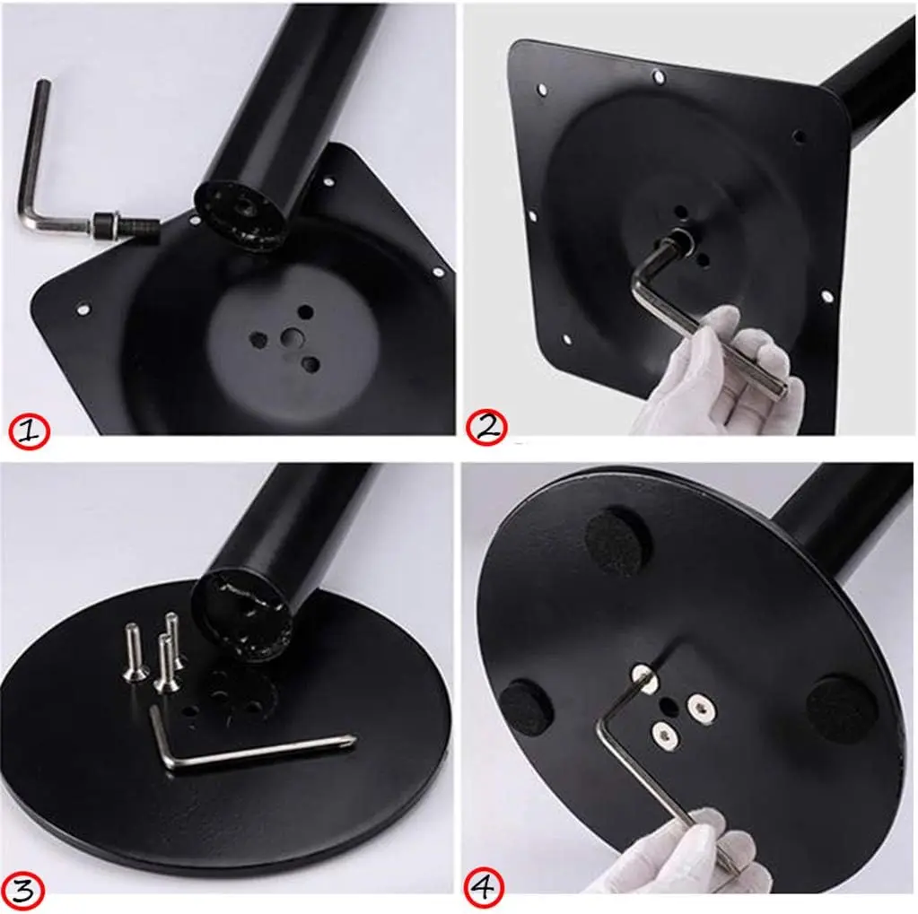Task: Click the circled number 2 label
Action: point(485,427)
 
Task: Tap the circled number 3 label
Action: point(24,890)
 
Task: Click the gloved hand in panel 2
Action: point(718,377)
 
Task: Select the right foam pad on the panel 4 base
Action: point(841,709)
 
